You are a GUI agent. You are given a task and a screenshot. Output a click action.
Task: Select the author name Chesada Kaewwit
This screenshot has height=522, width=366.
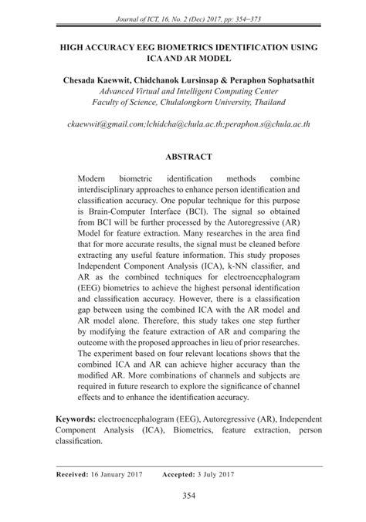91,80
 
